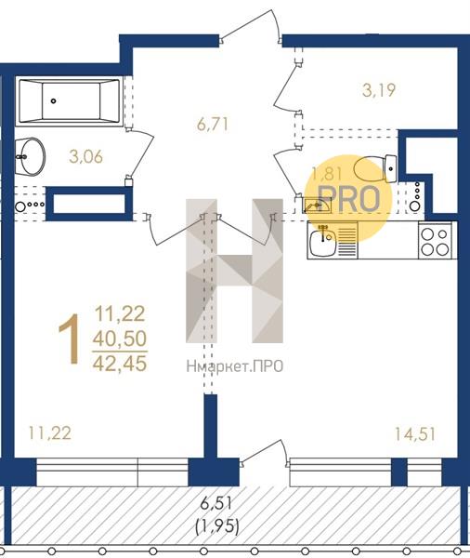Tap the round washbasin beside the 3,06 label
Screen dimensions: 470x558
[x=31, y=156]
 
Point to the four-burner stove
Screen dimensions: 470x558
[x=435, y=240]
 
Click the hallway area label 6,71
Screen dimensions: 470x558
[x=213, y=125]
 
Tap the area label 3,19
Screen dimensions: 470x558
[x=379, y=90]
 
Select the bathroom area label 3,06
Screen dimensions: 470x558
[x=86, y=156]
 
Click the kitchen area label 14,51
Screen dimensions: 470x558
[x=415, y=434]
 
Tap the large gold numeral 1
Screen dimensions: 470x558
[x=70, y=339]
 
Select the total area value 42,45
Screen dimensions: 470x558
[x=120, y=364]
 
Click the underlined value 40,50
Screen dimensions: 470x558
[x=120, y=339]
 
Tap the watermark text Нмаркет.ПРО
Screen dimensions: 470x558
[x=235, y=366]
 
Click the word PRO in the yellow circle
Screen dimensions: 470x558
[x=349, y=199]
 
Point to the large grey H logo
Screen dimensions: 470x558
[x=235, y=271]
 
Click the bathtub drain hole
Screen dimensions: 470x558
[x=53, y=101]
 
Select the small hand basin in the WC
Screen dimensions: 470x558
[x=317, y=206]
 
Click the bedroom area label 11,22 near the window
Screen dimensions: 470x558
[x=50, y=433]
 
